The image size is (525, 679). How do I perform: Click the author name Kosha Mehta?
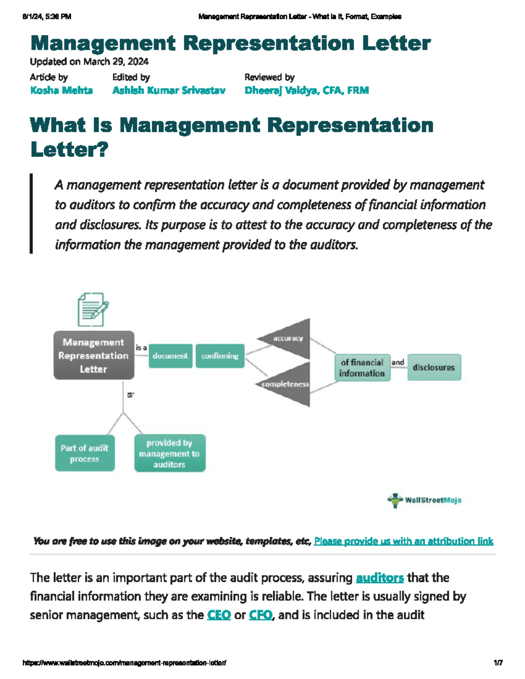[61, 91]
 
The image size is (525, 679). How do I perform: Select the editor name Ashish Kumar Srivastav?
[169, 91]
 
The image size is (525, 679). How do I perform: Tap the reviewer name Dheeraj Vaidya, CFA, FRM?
[307, 91]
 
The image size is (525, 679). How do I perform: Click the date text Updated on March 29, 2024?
[89, 62]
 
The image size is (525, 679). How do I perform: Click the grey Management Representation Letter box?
[94, 355]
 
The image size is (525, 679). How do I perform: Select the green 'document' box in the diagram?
[170, 356]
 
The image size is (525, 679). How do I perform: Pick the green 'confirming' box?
[220, 356]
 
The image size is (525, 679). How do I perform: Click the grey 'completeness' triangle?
[291, 384]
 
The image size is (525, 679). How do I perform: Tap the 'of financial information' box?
[362, 368]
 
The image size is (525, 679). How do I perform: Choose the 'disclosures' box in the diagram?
[434, 368]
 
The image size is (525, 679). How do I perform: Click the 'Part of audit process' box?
[84, 453]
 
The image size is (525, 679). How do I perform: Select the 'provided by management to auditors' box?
[169, 453]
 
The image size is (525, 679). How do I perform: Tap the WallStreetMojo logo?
[424, 500]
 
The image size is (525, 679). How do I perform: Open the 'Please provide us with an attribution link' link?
[403, 541]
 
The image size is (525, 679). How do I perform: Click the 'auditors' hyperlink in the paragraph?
[379, 578]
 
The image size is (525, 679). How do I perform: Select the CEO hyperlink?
[219, 615]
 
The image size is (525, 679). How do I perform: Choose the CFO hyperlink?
[261, 615]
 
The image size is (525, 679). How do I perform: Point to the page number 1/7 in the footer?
[498, 663]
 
